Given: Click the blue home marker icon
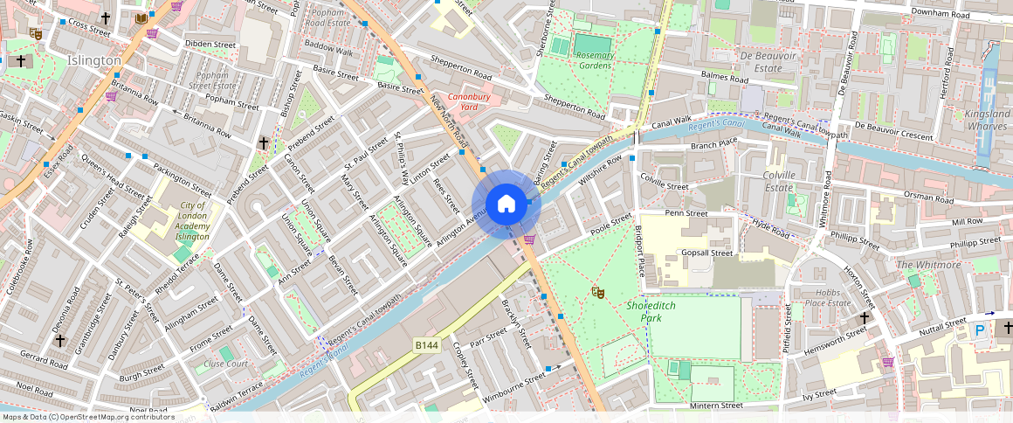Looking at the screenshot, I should [507, 205].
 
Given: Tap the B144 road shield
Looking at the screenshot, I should [426, 346].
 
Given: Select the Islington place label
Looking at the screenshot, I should [93, 60].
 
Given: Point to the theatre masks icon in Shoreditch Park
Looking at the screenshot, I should [597, 291].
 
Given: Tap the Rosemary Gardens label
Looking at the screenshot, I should [595, 61].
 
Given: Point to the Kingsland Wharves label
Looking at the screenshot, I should [985, 121].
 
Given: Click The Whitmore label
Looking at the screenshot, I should [928, 265].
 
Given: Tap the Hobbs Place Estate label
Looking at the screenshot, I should [827, 297].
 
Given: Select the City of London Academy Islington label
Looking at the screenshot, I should [192, 221].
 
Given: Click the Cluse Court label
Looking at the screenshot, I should [225, 364].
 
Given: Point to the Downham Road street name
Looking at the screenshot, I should [939, 15].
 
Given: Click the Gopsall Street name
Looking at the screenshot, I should [706, 253].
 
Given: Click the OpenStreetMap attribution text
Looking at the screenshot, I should [88, 417].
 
